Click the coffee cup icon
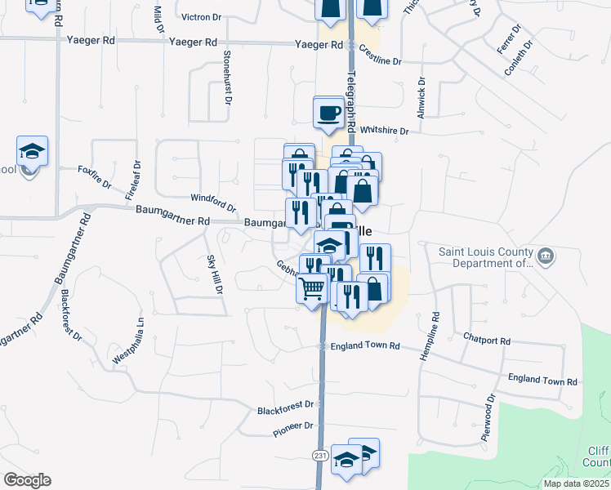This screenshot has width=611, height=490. (x=329, y=113)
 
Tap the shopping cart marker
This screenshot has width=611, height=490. (x=312, y=288)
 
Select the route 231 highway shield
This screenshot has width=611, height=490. (x=319, y=453)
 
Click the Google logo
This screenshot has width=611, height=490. (x=28, y=479)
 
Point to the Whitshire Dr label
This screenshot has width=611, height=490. (x=383, y=130)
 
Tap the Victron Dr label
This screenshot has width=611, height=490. (x=201, y=16)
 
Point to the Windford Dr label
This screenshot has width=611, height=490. (x=212, y=201)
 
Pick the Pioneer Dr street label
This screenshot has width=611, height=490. (x=293, y=426)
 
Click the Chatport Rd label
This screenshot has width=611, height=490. (x=486, y=340)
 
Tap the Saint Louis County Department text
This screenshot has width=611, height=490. (x=487, y=257)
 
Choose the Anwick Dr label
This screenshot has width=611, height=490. (x=421, y=99)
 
